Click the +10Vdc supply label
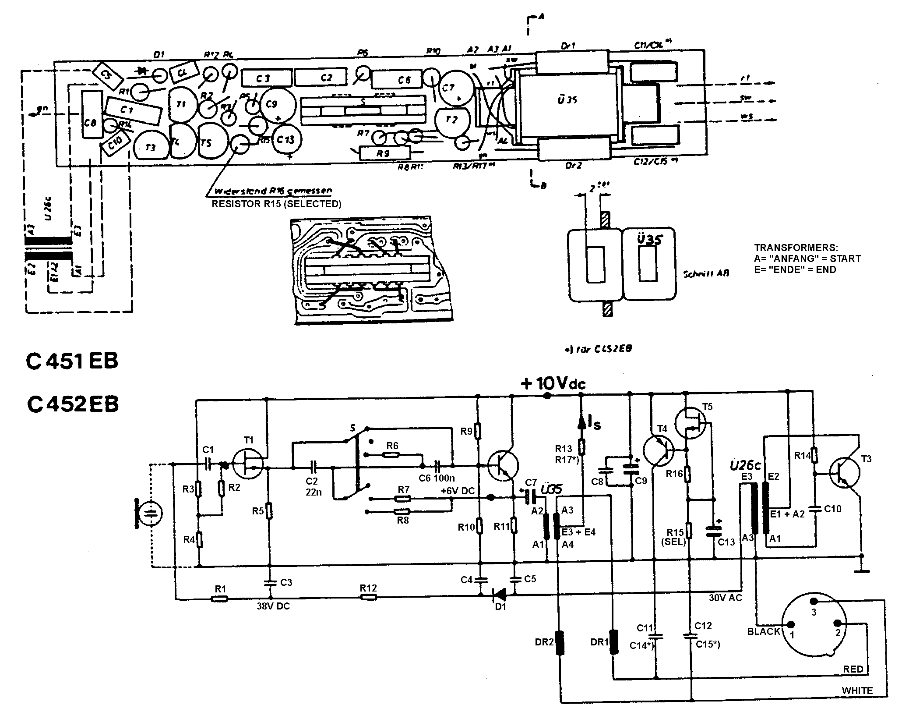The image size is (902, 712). pos(553,384)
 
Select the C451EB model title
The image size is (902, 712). pos(72,362)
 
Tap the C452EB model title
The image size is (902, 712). pos(72,404)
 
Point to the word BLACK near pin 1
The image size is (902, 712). pos(764,631)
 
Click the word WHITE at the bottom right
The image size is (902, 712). pos(857,691)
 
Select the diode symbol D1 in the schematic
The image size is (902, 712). pos(499,595)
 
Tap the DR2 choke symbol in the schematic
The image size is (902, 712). pos(560,643)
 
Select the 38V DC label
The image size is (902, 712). pos(273,606)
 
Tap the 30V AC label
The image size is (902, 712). pos(726,598)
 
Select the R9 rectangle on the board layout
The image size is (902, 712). pos(384,153)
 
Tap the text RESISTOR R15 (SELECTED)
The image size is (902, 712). pos(276,204)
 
